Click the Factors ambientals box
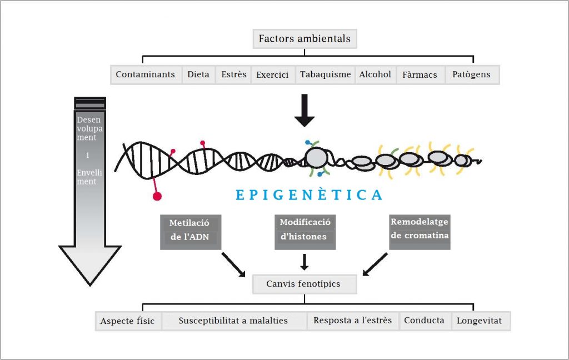[x=305, y=39]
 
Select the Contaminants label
[x=145, y=74]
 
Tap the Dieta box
[x=198, y=74]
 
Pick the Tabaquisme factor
[x=326, y=74]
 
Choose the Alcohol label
[x=375, y=74]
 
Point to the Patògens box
[x=471, y=74]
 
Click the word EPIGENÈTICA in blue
[x=309, y=195]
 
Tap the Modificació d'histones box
[x=305, y=229]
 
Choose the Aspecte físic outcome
[x=127, y=321]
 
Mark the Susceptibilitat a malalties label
[x=233, y=321]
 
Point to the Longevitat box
[x=480, y=321]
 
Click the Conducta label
[x=424, y=321]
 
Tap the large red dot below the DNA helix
[x=157, y=196]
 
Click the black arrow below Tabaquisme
[x=304, y=109]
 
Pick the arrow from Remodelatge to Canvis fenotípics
[x=376, y=264]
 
